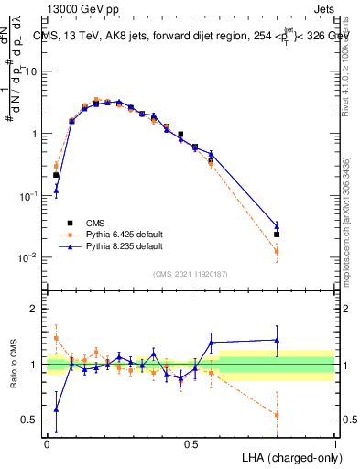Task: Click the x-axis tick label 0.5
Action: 191,443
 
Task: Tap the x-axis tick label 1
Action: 334,443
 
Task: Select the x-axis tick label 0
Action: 47,443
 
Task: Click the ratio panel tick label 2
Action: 36,309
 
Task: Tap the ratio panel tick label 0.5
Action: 31,420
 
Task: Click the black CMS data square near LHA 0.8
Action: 277,234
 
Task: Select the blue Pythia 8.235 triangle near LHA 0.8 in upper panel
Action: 277,225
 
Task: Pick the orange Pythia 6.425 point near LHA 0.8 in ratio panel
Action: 277,415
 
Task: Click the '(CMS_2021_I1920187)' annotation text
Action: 191,273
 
